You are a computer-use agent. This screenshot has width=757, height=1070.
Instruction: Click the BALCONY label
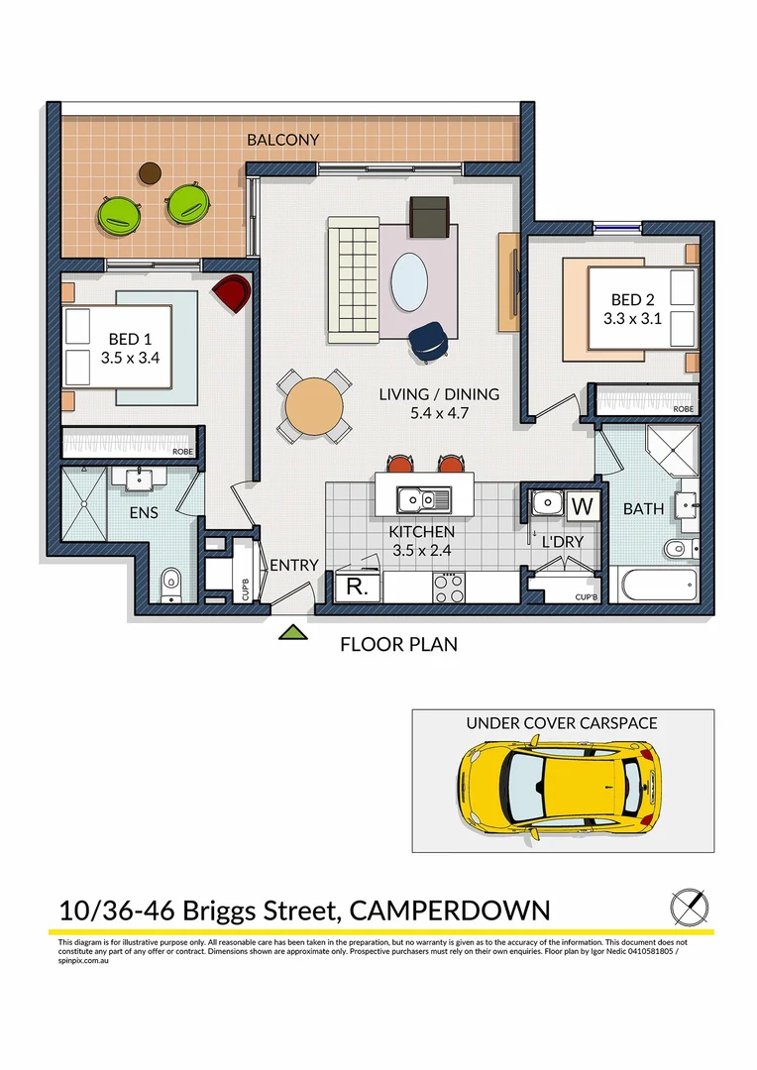tap(283, 140)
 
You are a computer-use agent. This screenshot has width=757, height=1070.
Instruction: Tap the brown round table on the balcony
tap(150, 173)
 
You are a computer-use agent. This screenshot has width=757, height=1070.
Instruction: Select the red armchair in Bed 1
tap(231, 294)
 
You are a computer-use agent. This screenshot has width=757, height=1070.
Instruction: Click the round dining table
tap(314, 406)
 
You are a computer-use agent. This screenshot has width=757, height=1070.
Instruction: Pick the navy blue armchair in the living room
tap(428, 340)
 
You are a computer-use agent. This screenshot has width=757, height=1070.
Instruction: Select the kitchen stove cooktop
tap(450, 587)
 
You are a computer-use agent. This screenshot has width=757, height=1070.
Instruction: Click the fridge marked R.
tap(353, 588)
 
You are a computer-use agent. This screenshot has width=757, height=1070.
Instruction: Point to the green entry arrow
tap(291, 631)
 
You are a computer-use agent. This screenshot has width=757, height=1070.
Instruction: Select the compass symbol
tap(690, 907)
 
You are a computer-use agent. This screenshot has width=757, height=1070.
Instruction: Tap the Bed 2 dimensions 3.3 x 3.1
tap(632, 319)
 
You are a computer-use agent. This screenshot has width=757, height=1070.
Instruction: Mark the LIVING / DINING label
tap(439, 394)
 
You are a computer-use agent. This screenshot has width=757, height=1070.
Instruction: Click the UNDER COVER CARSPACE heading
tap(562, 723)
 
